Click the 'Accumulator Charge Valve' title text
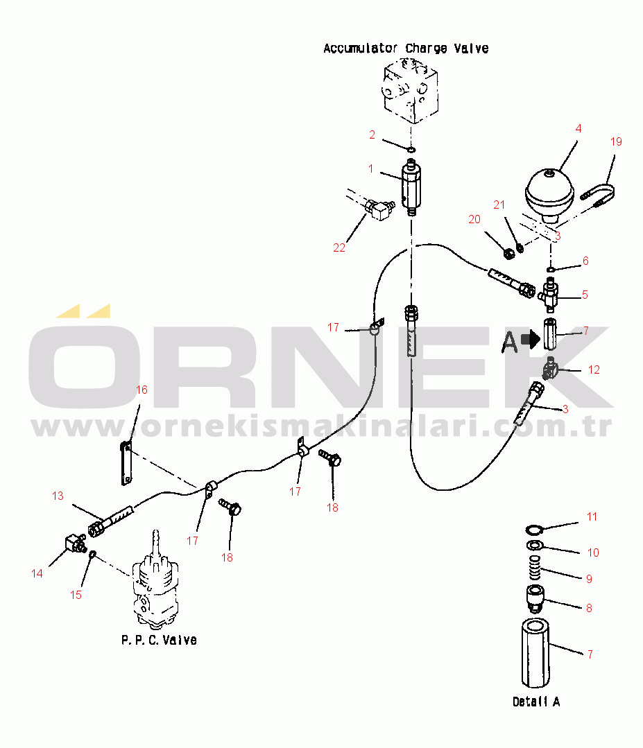click(x=406, y=49)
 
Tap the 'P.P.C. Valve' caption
click(x=159, y=640)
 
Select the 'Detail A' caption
click(x=536, y=702)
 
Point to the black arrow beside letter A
click(x=531, y=339)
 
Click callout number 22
click(x=338, y=247)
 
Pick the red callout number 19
click(x=616, y=141)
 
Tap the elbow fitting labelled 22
click(x=378, y=209)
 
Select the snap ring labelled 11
click(x=533, y=530)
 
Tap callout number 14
click(x=37, y=573)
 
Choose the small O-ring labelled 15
click(x=92, y=554)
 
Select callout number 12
click(x=594, y=369)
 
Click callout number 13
click(x=58, y=496)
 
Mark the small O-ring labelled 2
click(x=411, y=149)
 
